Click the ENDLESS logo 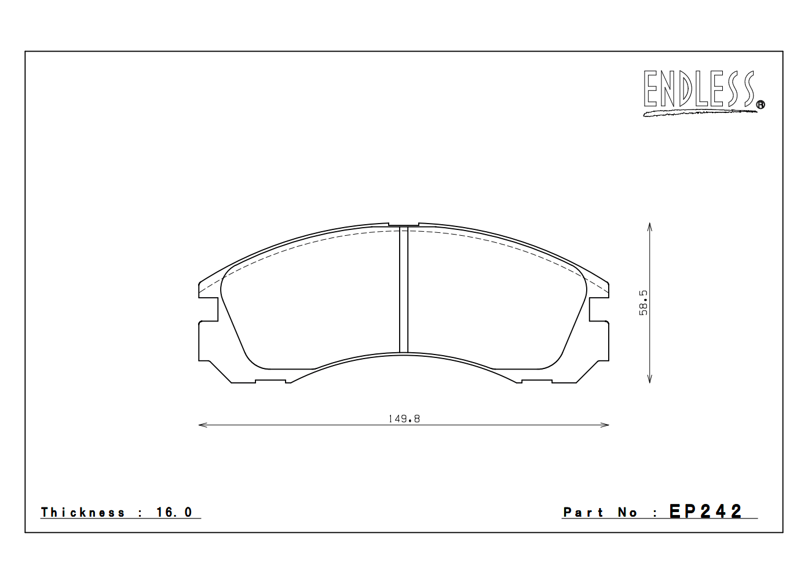[x=699, y=89]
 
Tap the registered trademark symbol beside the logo [x=761, y=105]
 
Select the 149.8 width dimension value [x=404, y=419]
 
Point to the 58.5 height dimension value [x=644, y=303]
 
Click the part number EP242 [x=706, y=511]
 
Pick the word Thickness [x=83, y=512]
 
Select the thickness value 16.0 [x=174, y=512]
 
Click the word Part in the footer [x=583, y=512]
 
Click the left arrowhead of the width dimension [x=201, y=425]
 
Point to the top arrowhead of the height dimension [x=650, y=225]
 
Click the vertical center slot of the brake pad [x=404, y=290]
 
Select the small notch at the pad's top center [x=403, y=225]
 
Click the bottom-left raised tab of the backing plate [x=270, y=381]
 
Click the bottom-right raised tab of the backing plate [x=537, y=381]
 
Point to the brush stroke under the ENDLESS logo [x=699, y=112]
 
